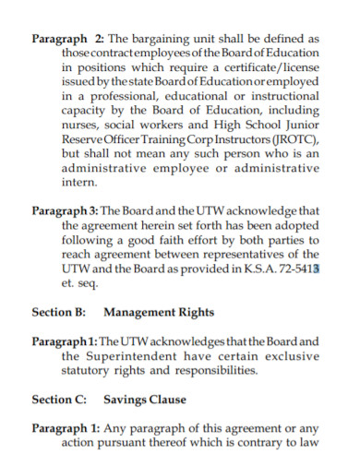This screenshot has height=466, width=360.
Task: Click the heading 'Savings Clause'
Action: coord(145,400)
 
